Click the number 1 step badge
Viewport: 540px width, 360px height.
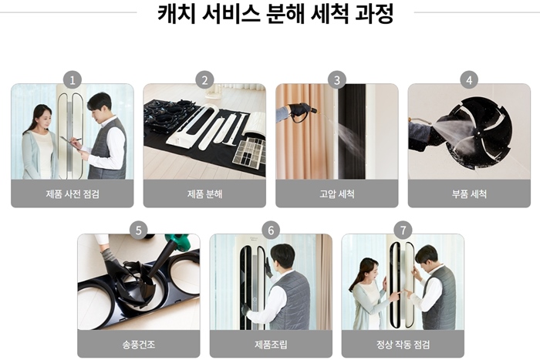pos(73,80)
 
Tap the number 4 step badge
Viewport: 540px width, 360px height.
pos(469,80)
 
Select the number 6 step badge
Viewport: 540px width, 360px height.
pos(271,230)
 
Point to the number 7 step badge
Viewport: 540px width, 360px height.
pos(403,230)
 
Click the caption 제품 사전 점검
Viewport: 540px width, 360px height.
pos(73,194)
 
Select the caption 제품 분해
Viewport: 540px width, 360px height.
pos(204,194)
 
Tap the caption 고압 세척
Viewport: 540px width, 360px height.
pos(337,194)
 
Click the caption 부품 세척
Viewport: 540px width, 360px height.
pos(469,194)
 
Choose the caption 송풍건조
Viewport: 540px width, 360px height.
pos(138,345)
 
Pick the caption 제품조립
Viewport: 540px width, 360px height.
pos(271,345)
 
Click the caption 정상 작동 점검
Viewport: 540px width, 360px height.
pos(403,345)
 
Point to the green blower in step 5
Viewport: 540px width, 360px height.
pos(178,242)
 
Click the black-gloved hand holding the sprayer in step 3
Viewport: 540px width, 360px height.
pos(299,110)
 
